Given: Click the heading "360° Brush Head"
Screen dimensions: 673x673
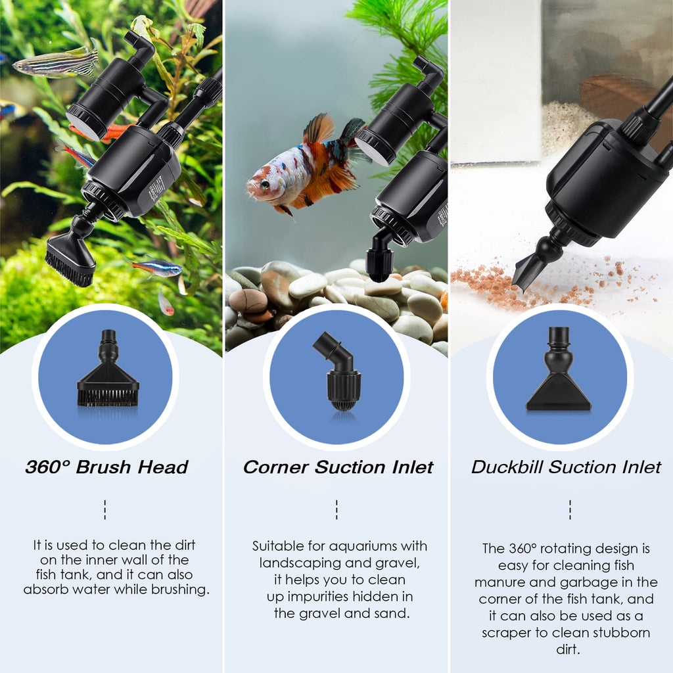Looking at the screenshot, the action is (106, 467).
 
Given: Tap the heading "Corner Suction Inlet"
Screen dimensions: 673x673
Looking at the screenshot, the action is (338, 467).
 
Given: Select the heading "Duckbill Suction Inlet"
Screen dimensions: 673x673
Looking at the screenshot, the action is (566, 467).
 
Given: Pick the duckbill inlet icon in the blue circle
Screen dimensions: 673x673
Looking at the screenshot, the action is (559, 369).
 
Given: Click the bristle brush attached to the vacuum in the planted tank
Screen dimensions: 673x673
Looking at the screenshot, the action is (70, 260).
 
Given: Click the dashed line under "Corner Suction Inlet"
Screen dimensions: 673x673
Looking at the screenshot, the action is (336, 509).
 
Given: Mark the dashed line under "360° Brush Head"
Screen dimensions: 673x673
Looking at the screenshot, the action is (104, 509).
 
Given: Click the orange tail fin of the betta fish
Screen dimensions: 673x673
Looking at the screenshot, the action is (319, 128).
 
